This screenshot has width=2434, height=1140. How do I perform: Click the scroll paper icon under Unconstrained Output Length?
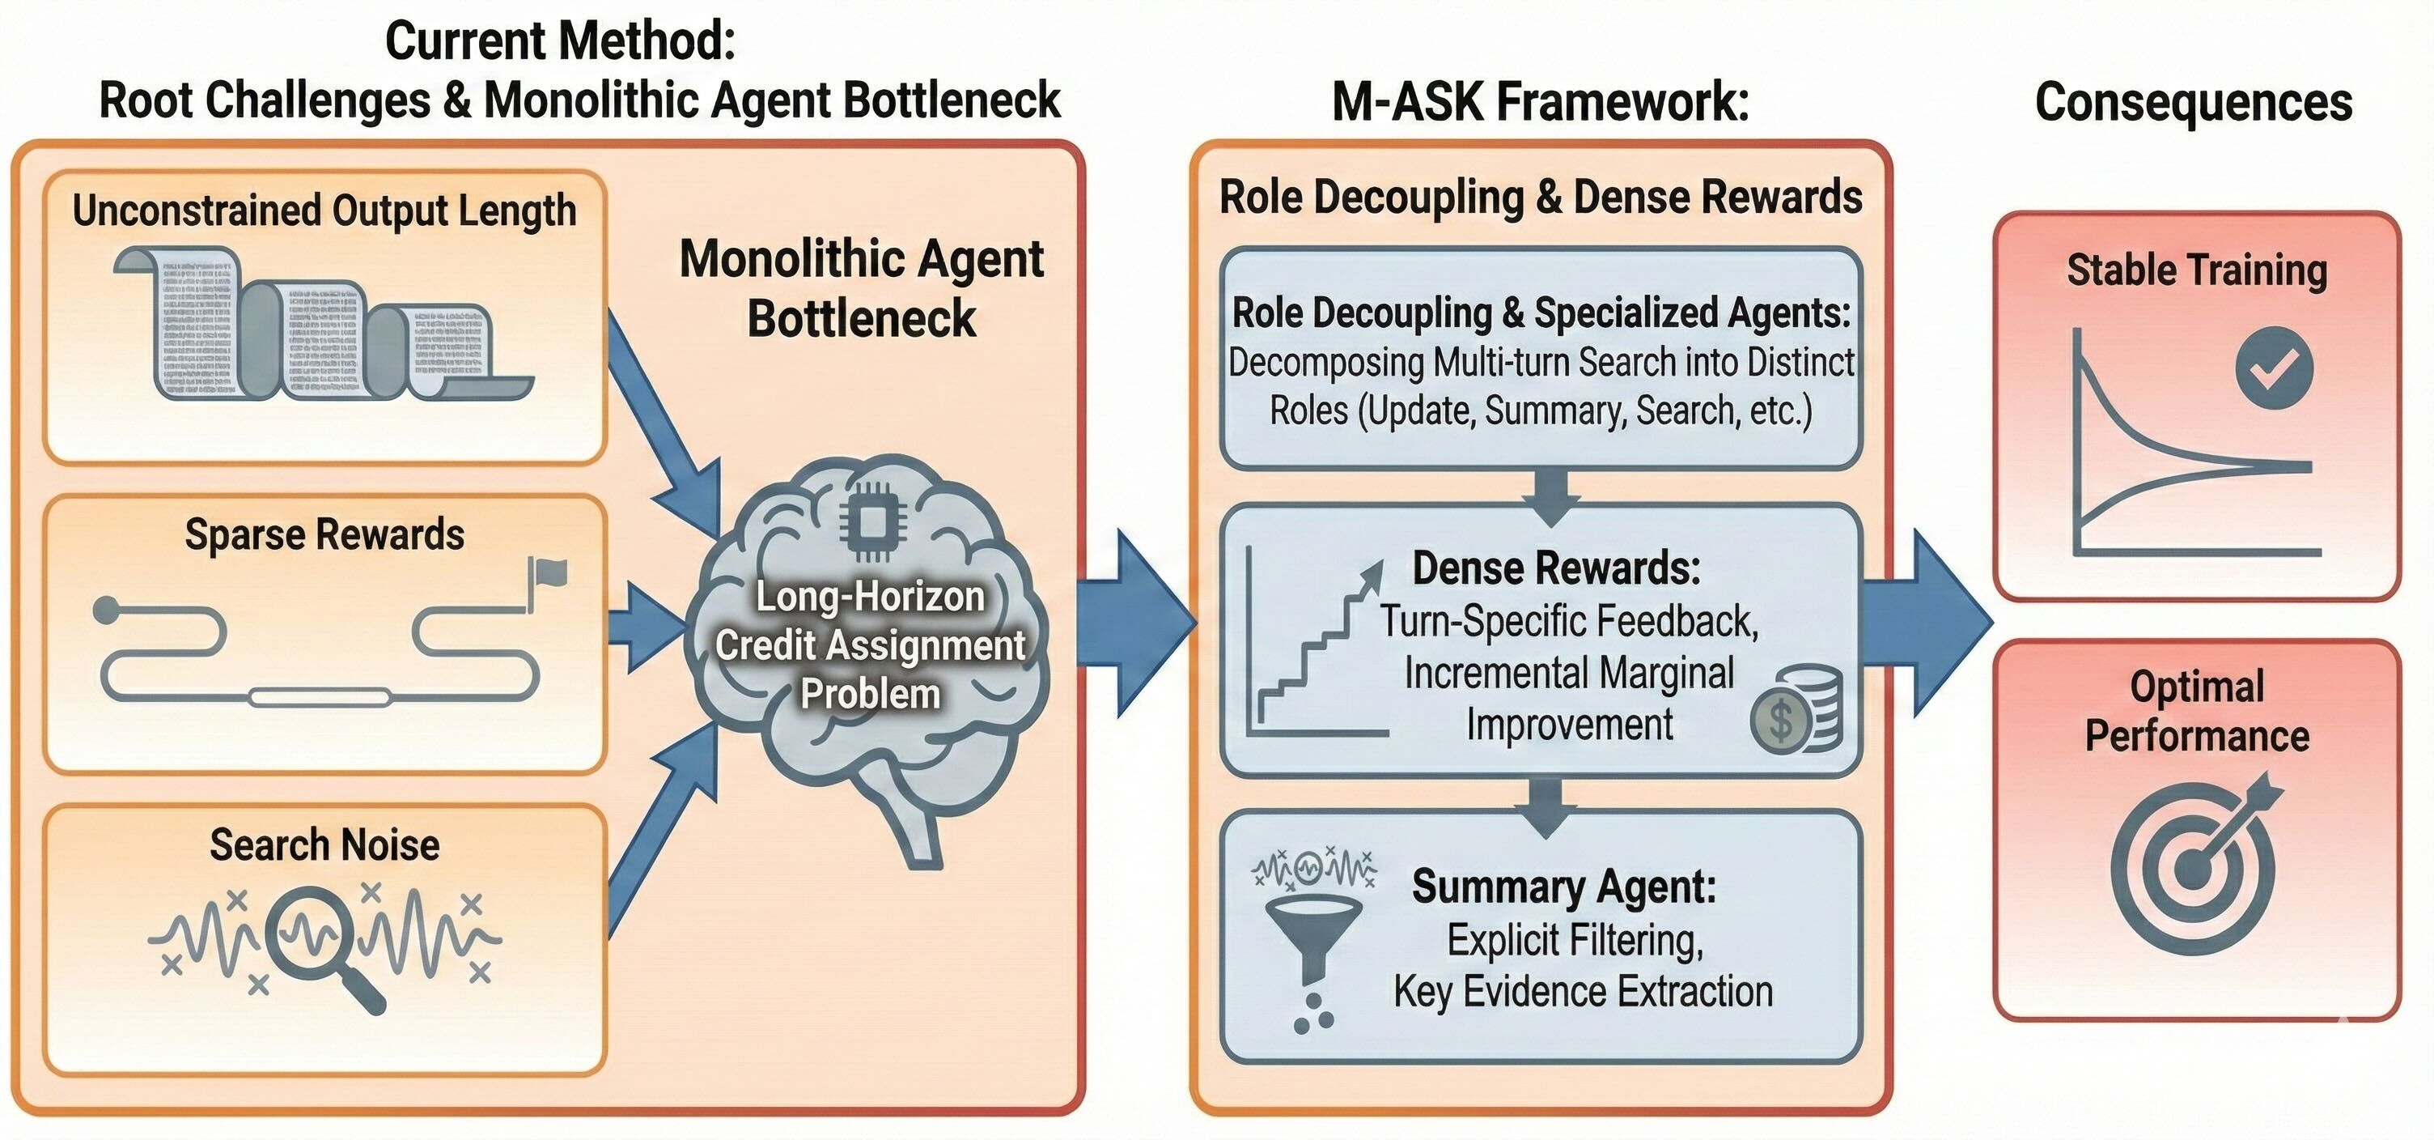tap(321, 324)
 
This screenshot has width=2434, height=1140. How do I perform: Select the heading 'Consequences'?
tap(2192, 102)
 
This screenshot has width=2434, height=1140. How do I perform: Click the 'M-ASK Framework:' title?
tap(1540, 102)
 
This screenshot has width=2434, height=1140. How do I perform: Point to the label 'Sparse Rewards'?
tap(324, 535)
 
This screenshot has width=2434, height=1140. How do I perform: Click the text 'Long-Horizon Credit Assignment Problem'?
tap(869, 645)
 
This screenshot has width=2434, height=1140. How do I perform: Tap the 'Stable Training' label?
tap(2196, 270)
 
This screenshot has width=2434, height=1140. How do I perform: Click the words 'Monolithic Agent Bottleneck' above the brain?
tap(861, 288)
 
